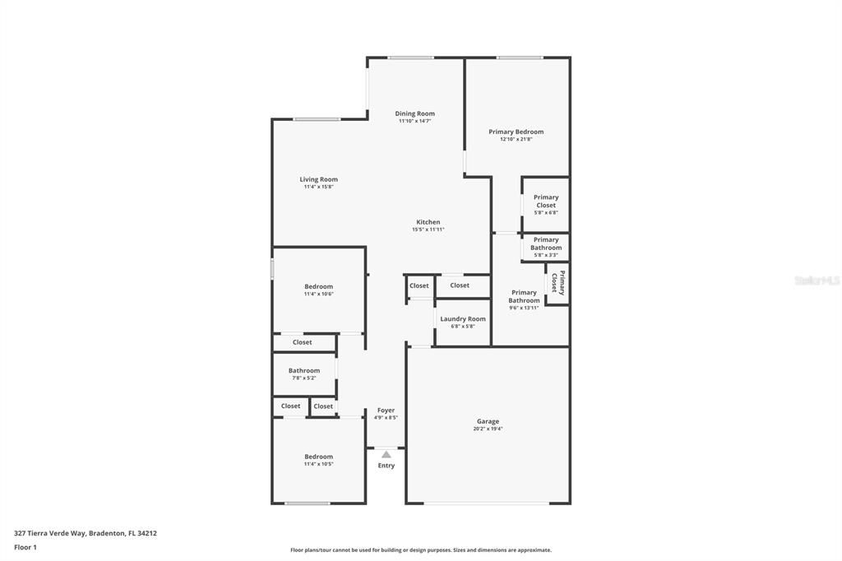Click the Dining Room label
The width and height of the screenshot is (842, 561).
(414, 114)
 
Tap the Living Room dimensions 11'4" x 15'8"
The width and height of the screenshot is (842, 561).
(318, 187)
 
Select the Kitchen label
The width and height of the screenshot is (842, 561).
(428, 222)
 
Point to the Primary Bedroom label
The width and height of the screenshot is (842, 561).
(516, 132)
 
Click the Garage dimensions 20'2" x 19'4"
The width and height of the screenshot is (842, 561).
(488, 429)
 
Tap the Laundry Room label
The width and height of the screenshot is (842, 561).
(462, 318)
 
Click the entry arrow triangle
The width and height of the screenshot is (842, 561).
(386, 454)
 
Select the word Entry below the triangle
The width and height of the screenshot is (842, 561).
(386, 466)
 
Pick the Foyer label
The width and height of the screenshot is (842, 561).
(386, 410)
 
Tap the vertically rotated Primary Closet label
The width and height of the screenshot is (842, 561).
(558, 283)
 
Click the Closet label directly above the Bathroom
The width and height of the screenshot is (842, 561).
(302, 342)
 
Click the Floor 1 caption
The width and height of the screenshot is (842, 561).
(25, 548)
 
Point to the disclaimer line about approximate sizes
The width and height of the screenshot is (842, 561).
(421, 550)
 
